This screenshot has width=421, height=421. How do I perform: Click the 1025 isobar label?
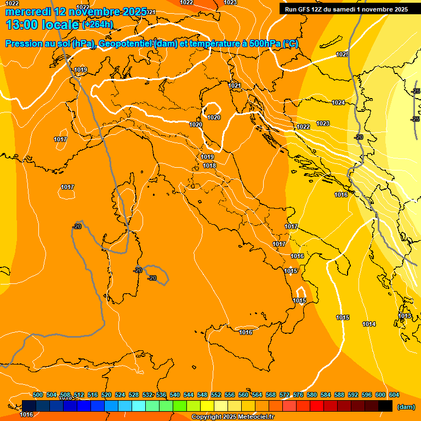click(343, 54)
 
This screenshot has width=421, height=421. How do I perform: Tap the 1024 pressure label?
click(338, 103)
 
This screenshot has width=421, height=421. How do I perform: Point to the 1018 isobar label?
click(209, 166)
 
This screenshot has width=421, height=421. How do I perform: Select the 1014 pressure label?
click(369, 324)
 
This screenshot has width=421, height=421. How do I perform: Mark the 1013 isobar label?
click(405, 316)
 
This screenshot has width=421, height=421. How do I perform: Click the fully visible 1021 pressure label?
click(235, 86)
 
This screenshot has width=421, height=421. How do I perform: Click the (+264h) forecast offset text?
click(98, 24)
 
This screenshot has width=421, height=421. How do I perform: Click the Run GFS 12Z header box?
click(346, 9)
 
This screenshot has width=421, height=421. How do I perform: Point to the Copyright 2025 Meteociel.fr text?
click(232, 417)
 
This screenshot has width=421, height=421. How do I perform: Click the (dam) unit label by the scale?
click(406, 407)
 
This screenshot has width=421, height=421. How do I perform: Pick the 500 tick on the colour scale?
click(38, 395)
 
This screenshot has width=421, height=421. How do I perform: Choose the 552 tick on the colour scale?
click(216, 395)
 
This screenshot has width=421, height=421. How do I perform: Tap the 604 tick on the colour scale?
click(394, 395)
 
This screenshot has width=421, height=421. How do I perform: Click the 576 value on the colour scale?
click(298, 395)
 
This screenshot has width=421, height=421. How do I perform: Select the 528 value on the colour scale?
click(134, 395)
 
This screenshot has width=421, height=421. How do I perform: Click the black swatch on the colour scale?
click(385, 406)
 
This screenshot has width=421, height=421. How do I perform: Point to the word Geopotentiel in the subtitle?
click(127, 44)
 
